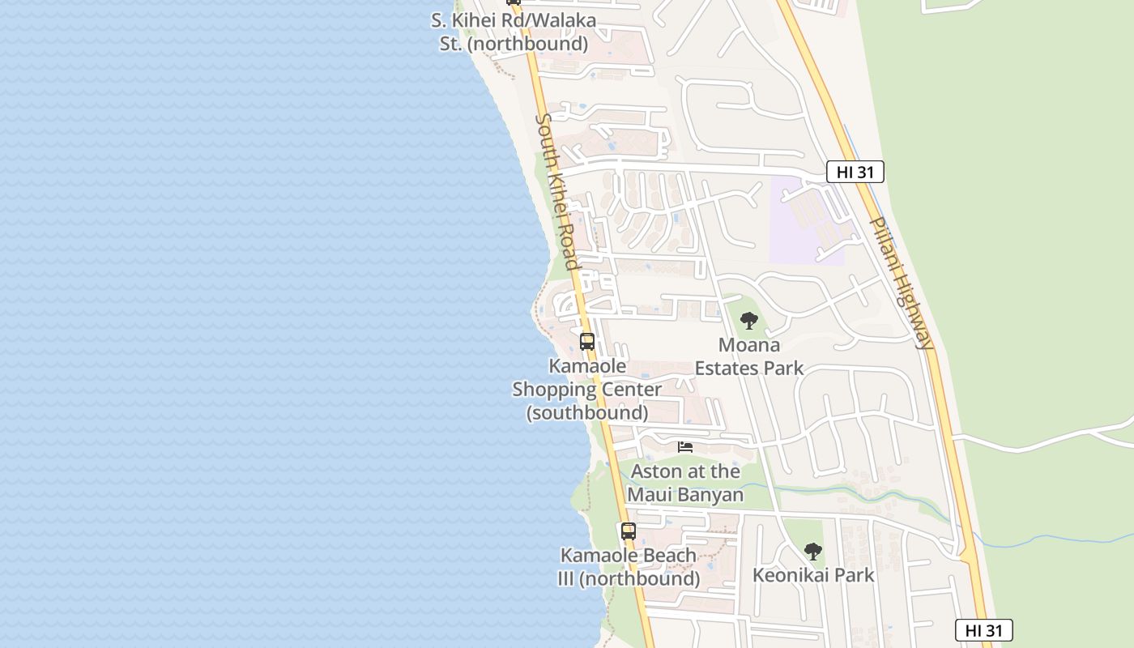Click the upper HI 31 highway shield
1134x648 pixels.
click(855, 172)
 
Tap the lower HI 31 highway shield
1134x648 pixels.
click(983, 630)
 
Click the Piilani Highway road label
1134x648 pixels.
click(902, 282)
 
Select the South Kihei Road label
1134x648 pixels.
click(557, 191)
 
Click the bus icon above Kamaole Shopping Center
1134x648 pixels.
click(587, 341)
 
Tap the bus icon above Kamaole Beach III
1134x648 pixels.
click(629, 531)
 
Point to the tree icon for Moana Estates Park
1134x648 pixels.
click(749, 320)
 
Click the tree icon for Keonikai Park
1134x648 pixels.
click(813, 552)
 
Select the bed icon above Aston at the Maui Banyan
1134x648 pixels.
click(685, 447)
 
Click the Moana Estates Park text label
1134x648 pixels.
click(749, 356)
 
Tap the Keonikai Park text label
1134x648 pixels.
click(813, 575)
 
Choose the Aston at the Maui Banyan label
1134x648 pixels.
click(685, 483)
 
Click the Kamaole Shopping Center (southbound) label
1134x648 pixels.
click(587, 390)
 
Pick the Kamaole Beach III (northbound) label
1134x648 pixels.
click(629, 567)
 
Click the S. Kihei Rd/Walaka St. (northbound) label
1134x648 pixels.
click(514, 32)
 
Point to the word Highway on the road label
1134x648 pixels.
click(913, 313)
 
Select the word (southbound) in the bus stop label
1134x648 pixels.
click(587, 413)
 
